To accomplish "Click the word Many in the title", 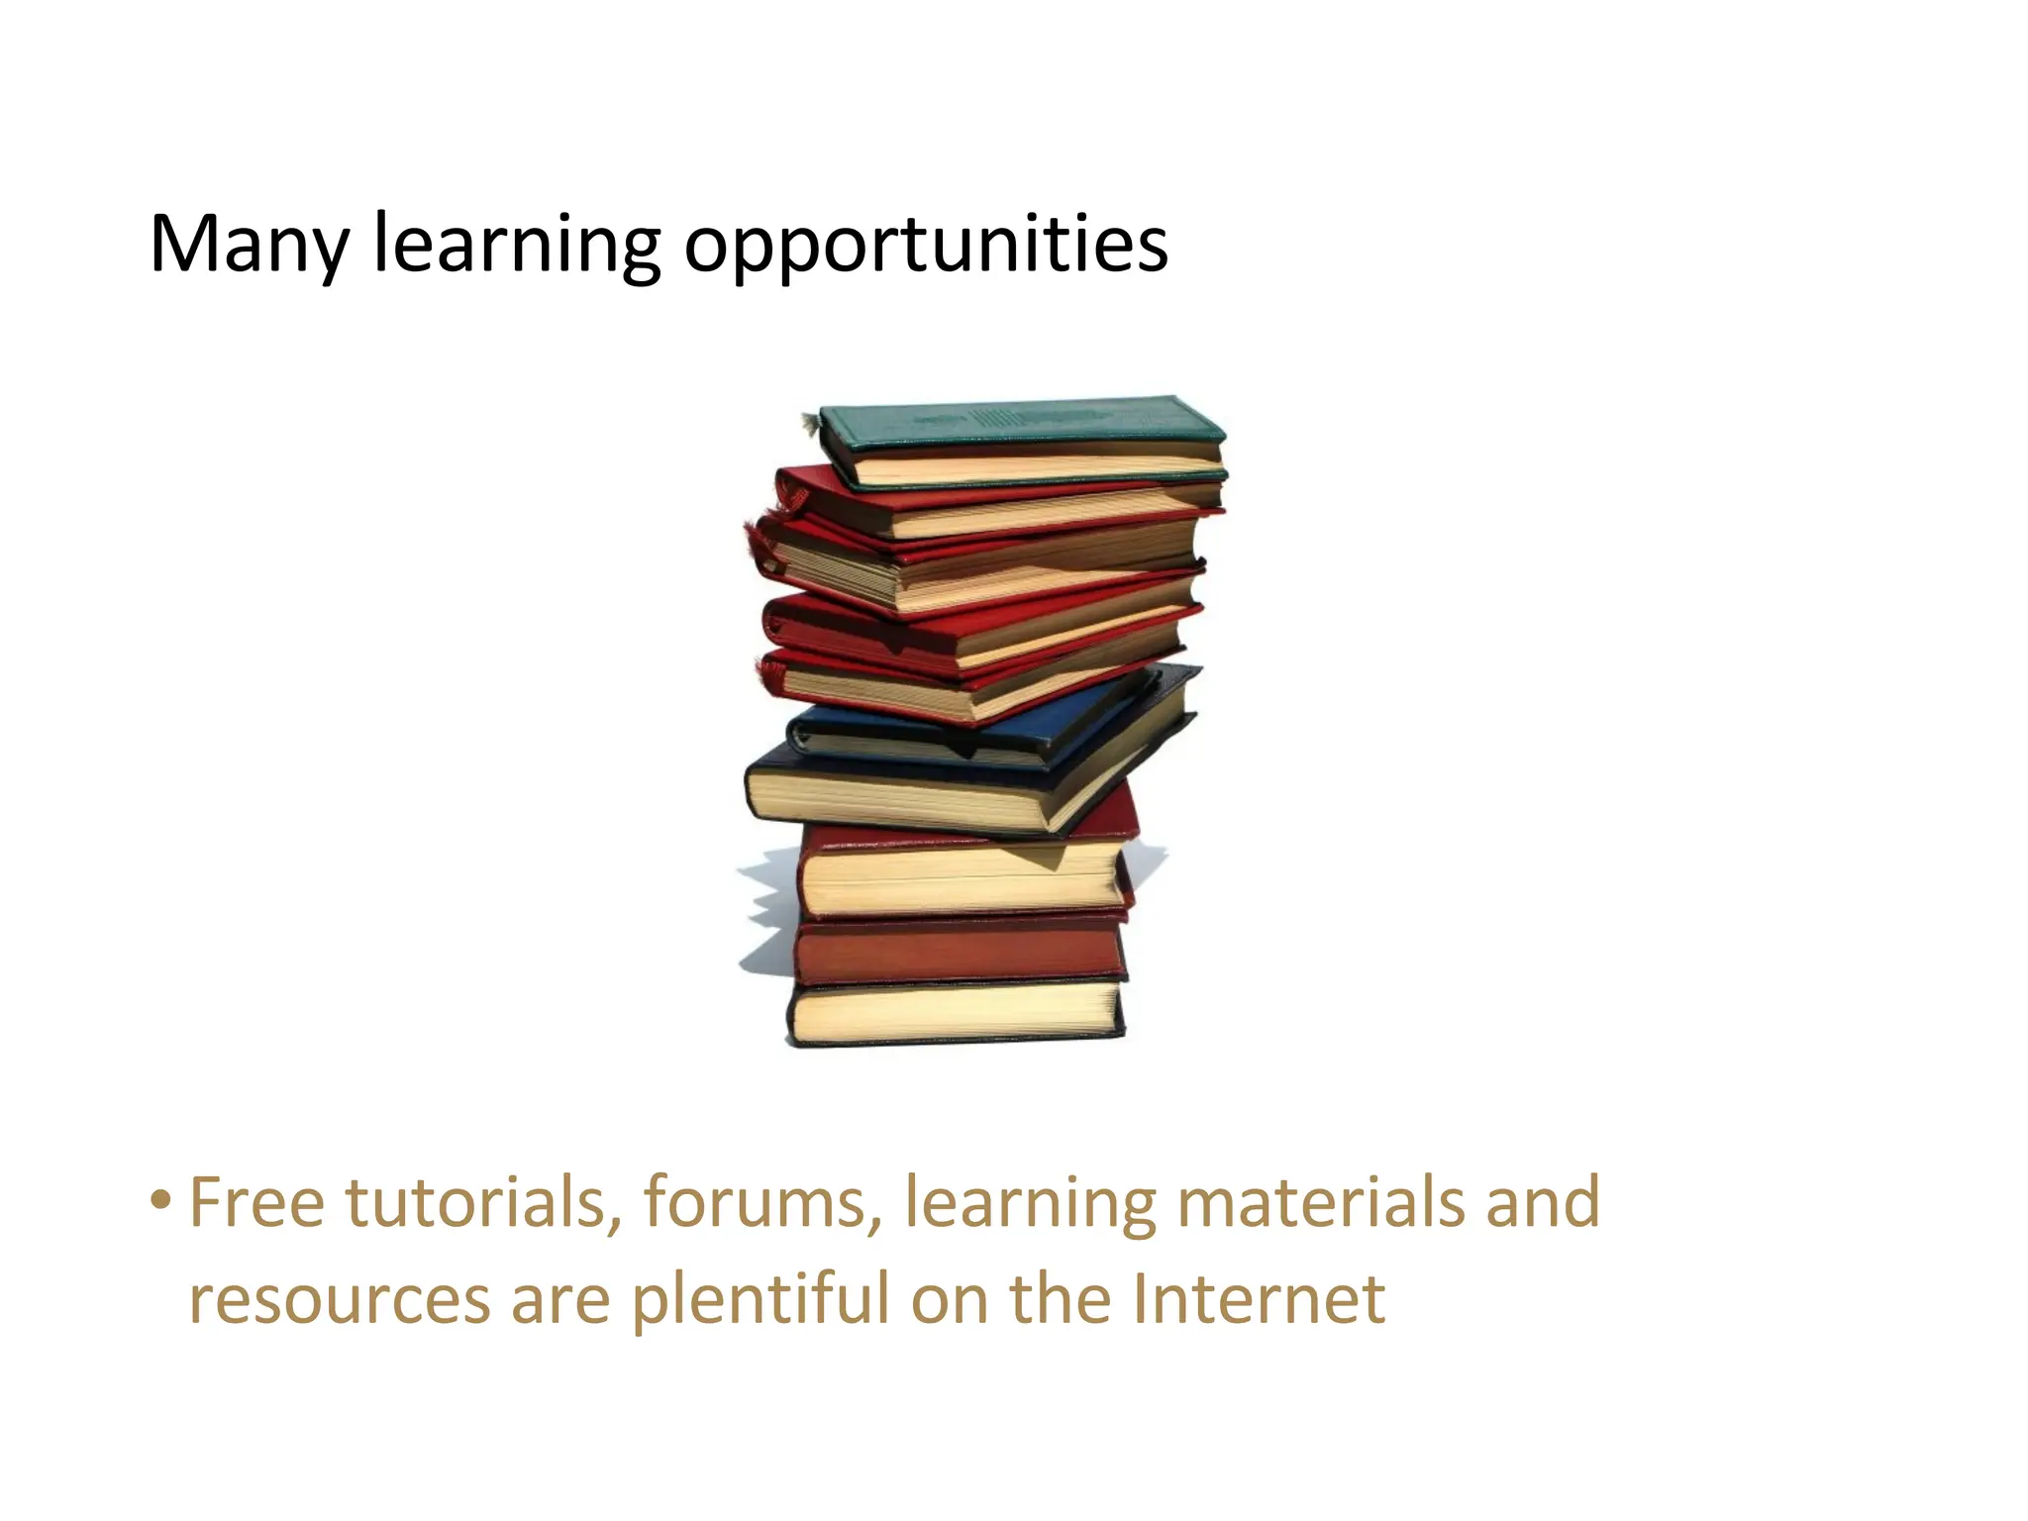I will click(248, 246).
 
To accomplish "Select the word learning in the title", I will click(516, 246).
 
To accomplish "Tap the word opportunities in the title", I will click(926, 246).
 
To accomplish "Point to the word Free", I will click(256, 1202).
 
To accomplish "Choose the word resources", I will click(339, 1299).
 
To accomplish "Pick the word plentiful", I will click(760, 1299).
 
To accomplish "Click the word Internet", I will click(1258, 1299).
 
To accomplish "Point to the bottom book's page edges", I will click(956, 1012).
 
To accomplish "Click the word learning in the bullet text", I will click(1030, 1202).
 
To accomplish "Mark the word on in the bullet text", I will click(949, 1299).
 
